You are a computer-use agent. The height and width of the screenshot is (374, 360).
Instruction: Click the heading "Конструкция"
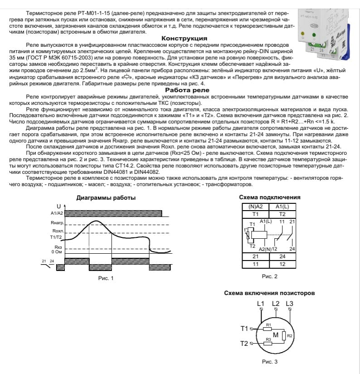(x=180, y=39)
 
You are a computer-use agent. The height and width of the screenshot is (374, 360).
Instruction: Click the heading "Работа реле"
(x=180, y=90)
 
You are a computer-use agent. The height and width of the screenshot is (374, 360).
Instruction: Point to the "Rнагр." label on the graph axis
(x=58, y=223)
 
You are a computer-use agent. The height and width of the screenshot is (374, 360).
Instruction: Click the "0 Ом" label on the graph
(x=57, y=251)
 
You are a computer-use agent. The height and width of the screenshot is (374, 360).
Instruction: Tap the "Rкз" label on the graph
(x=58, y=246)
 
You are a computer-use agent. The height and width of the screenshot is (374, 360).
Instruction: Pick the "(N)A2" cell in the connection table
(x=255, y=207)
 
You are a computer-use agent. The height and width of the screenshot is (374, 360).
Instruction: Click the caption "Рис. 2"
(x=270, y=276)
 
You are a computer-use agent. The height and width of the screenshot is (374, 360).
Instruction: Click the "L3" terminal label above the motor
(x=290, y=303)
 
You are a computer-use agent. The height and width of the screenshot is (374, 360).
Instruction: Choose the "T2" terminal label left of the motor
(x=244, y=343)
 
